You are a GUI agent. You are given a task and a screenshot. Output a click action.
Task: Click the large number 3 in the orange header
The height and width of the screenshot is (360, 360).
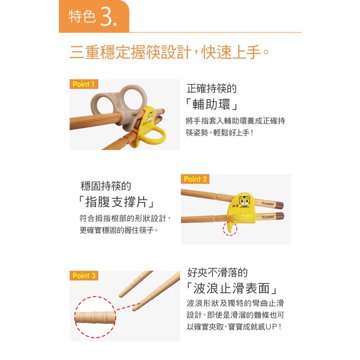tap(109, 16)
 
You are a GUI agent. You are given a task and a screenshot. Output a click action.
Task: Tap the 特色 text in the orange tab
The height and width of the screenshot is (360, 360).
tap(82, 16)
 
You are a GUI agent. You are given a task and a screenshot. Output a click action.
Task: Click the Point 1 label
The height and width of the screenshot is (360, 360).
tap(84, 84)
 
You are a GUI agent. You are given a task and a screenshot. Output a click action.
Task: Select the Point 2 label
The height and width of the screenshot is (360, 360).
tap(195, 179)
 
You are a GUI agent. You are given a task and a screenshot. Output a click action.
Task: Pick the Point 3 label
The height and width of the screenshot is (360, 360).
tap(84, 276)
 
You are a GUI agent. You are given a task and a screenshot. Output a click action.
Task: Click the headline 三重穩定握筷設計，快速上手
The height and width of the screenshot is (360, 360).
tap(169, 52)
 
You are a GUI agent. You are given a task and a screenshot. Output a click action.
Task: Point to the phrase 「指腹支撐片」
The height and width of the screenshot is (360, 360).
tap(116, 202)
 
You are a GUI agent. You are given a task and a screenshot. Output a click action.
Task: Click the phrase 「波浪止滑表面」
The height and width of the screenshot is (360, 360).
tap(231, 288)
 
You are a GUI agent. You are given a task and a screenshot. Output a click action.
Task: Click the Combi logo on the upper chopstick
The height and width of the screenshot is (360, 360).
tap(268, 204)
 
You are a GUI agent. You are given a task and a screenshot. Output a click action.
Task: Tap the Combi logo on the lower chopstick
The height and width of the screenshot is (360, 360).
tap(268, 217)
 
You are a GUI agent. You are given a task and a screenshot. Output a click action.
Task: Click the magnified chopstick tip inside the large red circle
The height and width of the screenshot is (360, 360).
tap(95, 317)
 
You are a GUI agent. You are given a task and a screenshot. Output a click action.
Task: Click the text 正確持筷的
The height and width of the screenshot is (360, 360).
tap(211, 88)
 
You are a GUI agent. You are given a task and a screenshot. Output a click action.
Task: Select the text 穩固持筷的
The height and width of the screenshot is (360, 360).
tap(106, 186)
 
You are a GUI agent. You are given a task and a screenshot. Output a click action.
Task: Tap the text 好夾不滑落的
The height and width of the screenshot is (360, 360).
tap(217, 273)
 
